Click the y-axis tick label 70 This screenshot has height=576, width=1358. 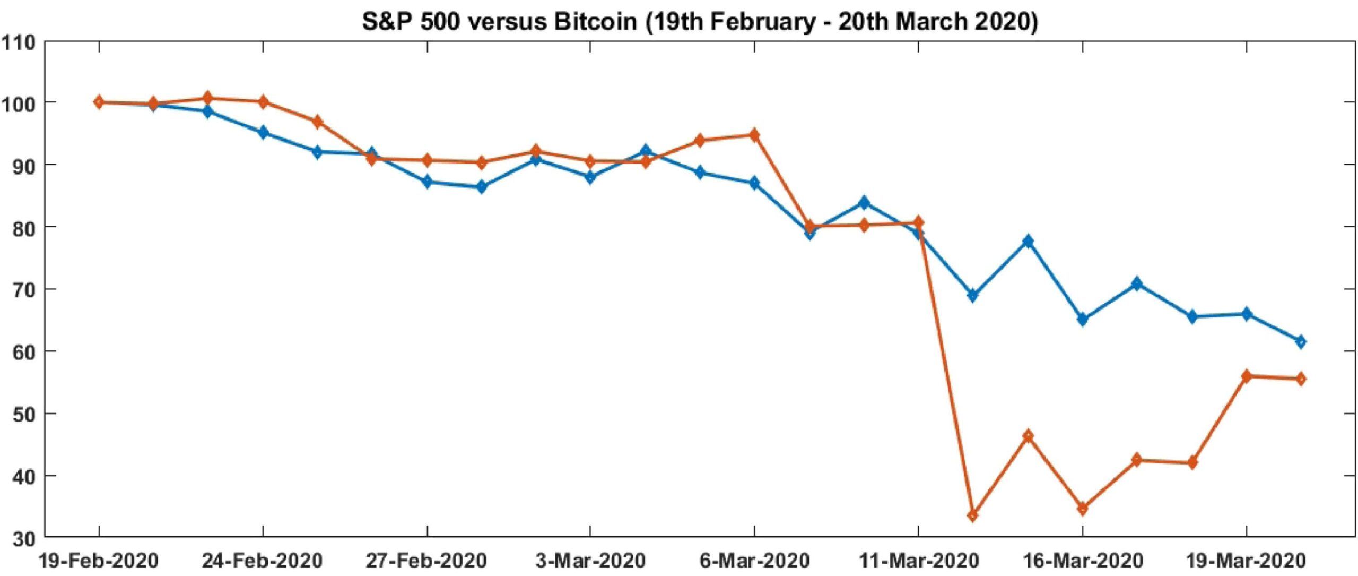click(23, 289)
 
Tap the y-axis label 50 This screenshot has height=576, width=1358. click(23, 414)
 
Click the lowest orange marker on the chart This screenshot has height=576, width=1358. click(973, 515)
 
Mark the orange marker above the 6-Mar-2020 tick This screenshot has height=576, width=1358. click(754, 135)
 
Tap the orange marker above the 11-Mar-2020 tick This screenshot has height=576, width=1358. click(918, 223)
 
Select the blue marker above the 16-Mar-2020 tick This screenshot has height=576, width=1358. click(1083, 320)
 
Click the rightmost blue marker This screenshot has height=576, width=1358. click(1301, 341)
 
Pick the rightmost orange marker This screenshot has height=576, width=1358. click(1301, 379)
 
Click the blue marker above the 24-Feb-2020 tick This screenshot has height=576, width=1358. click(263, 132)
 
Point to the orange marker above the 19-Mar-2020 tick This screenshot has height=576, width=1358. click(1247, 376)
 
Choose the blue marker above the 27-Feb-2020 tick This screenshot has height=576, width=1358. click(427, 182)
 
